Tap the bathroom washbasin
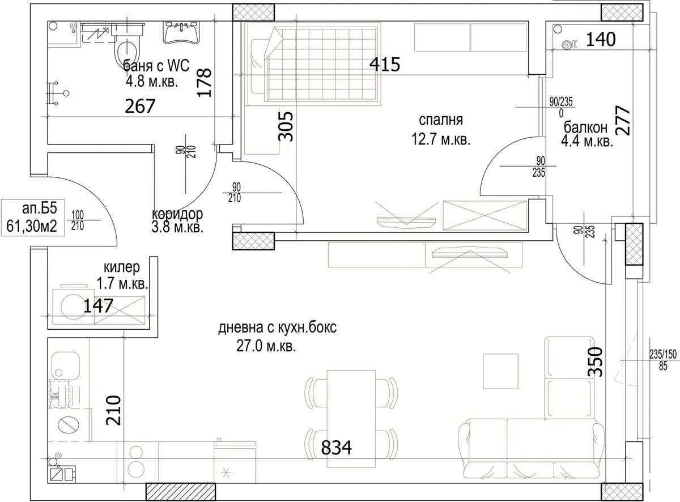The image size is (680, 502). [x=182, y=32]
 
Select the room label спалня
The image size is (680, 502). [x=440, y=120]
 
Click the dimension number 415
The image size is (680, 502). [x=385, y=65]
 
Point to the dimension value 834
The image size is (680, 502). [x=337, y=448]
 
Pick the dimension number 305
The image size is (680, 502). [x=286, y=126]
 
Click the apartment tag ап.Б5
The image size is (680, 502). [x=40, y=209]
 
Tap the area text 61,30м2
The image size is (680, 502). [x=32, y=227]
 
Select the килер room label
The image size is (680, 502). [x=122, y=267]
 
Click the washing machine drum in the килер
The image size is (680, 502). [x=74, y=307]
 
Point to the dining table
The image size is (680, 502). [x=351, y=419]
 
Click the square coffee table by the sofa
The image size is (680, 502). [x=500, y=371]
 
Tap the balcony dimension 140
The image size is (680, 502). [x=601, y=40]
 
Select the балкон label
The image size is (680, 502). [x=585, y=127]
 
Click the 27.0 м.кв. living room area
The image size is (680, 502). [x=266, y=347]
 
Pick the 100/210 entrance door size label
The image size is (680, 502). [x=77, y=220]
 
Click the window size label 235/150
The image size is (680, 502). [x=663, y=355]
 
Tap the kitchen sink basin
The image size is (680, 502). [x=66, y=365]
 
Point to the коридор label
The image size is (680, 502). [x=177, y=214]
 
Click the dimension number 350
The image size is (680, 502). [x=595, y=361]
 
